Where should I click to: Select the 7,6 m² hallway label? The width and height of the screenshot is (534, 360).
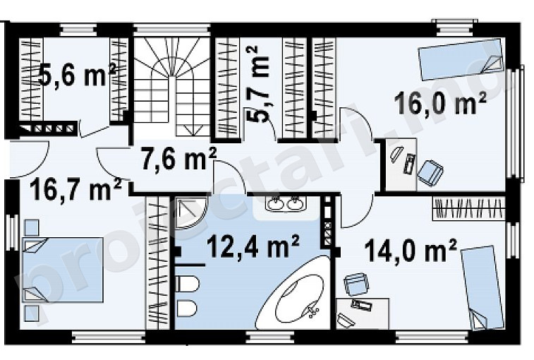(178, 160)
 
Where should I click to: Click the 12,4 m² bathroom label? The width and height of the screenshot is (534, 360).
(253, 246)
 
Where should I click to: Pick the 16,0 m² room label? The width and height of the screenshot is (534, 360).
(440, 104)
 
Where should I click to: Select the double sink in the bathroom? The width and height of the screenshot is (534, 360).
(286, 204)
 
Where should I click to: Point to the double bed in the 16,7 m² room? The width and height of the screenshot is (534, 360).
(63, 270)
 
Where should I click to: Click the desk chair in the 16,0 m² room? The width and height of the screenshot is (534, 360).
(431, 173)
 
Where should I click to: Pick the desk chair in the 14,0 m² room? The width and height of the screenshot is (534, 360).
(356, 284)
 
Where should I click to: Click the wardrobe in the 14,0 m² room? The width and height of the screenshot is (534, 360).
(468, 209)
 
